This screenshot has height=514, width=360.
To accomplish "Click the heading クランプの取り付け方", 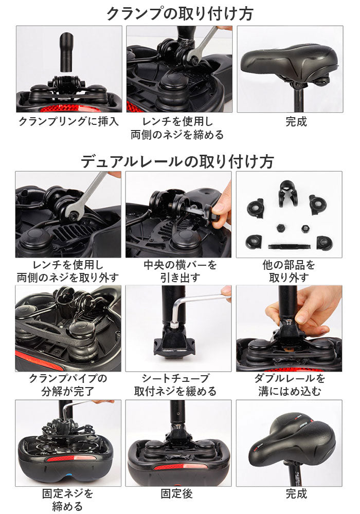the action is point(179,14).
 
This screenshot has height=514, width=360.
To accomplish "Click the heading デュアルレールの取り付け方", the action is point(177,161).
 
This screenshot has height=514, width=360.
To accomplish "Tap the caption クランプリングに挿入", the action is point(68,122).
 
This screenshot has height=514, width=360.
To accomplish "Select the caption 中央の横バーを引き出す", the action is point(180,271).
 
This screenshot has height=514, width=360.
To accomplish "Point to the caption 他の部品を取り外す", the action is point(289,271).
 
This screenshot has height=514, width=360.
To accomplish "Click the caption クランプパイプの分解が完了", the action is point(68,385).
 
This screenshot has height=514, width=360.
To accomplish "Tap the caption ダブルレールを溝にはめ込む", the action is point(290,385).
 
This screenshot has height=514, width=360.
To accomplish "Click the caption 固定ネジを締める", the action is point(67,500).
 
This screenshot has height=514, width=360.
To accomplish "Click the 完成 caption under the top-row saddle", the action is point(296,122).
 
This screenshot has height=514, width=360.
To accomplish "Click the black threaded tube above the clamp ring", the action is point(66,51).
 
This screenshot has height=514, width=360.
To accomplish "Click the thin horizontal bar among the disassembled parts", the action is point(289,246).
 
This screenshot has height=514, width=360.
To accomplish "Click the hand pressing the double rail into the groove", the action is point(305,311).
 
